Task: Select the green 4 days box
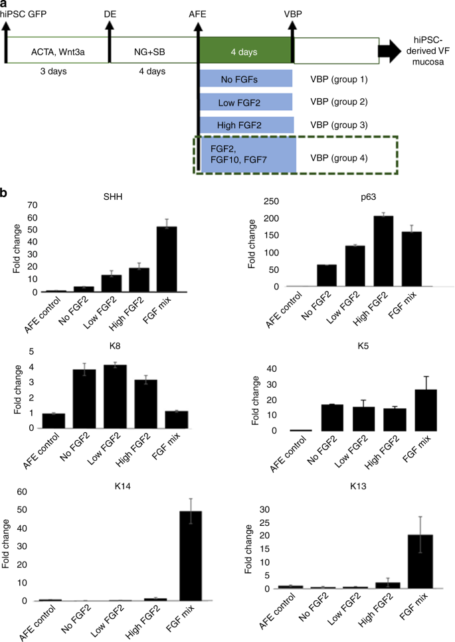click(x=246, y=50)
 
